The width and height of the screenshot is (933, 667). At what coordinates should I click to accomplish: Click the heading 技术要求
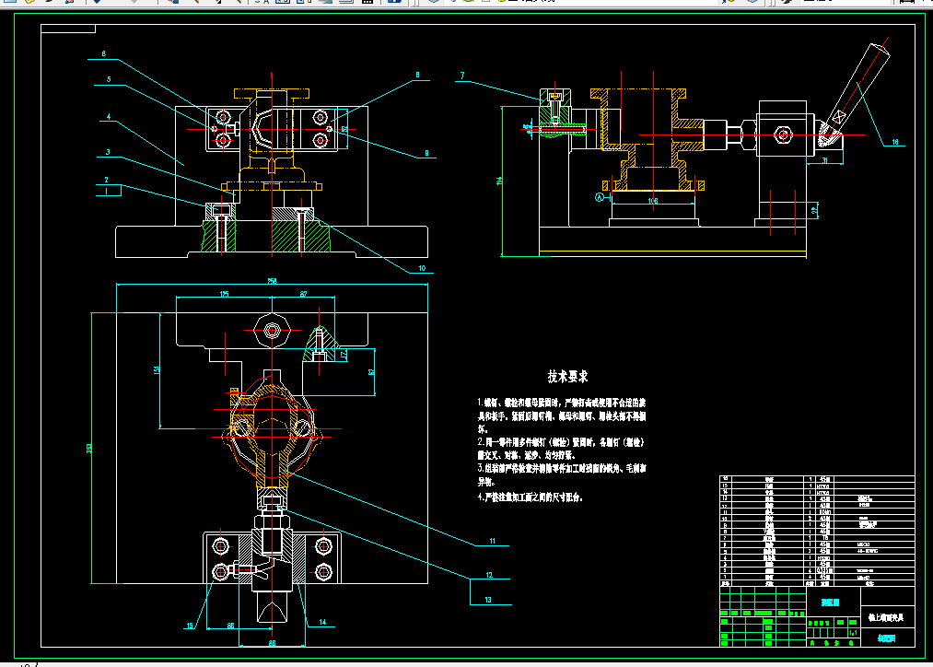point(567,377)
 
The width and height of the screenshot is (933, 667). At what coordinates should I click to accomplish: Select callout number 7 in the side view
point(462,76)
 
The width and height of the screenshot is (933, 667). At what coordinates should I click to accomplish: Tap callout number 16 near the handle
point(893,142)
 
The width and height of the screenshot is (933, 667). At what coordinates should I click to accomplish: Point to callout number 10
point(422,269)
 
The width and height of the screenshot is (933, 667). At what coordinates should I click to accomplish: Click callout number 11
point(493,541)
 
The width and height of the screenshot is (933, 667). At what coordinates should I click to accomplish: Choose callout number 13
point(489,599)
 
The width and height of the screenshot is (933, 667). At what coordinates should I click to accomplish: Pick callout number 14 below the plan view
point(322,622)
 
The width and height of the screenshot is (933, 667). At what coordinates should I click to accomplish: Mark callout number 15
point(192,626)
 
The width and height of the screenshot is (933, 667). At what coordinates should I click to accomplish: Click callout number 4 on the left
point(108,118)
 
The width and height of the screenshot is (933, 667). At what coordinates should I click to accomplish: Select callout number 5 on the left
point(108,80)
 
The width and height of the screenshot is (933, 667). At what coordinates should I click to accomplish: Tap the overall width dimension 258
point(272,280)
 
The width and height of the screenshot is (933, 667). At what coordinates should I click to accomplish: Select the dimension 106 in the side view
point(653,199)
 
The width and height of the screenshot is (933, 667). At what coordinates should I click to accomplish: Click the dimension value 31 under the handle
point(826,160)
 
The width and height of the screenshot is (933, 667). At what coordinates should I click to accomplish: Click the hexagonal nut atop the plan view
point(272,330)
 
